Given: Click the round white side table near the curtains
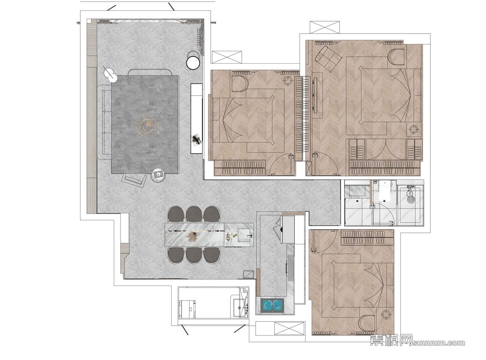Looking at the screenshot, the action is [193, 63].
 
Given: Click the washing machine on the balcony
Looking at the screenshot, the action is [187, 309].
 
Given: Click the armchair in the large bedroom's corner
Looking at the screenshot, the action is [328, 58].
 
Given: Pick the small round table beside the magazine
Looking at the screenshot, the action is [158, 175].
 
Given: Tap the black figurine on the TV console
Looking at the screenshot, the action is [196, 139].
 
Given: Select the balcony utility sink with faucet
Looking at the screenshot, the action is [240, 308].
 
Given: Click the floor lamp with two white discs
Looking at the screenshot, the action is [110, 73].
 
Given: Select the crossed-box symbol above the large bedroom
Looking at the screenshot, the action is [324, 27].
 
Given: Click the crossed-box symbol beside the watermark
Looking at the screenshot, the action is [290, 328].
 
